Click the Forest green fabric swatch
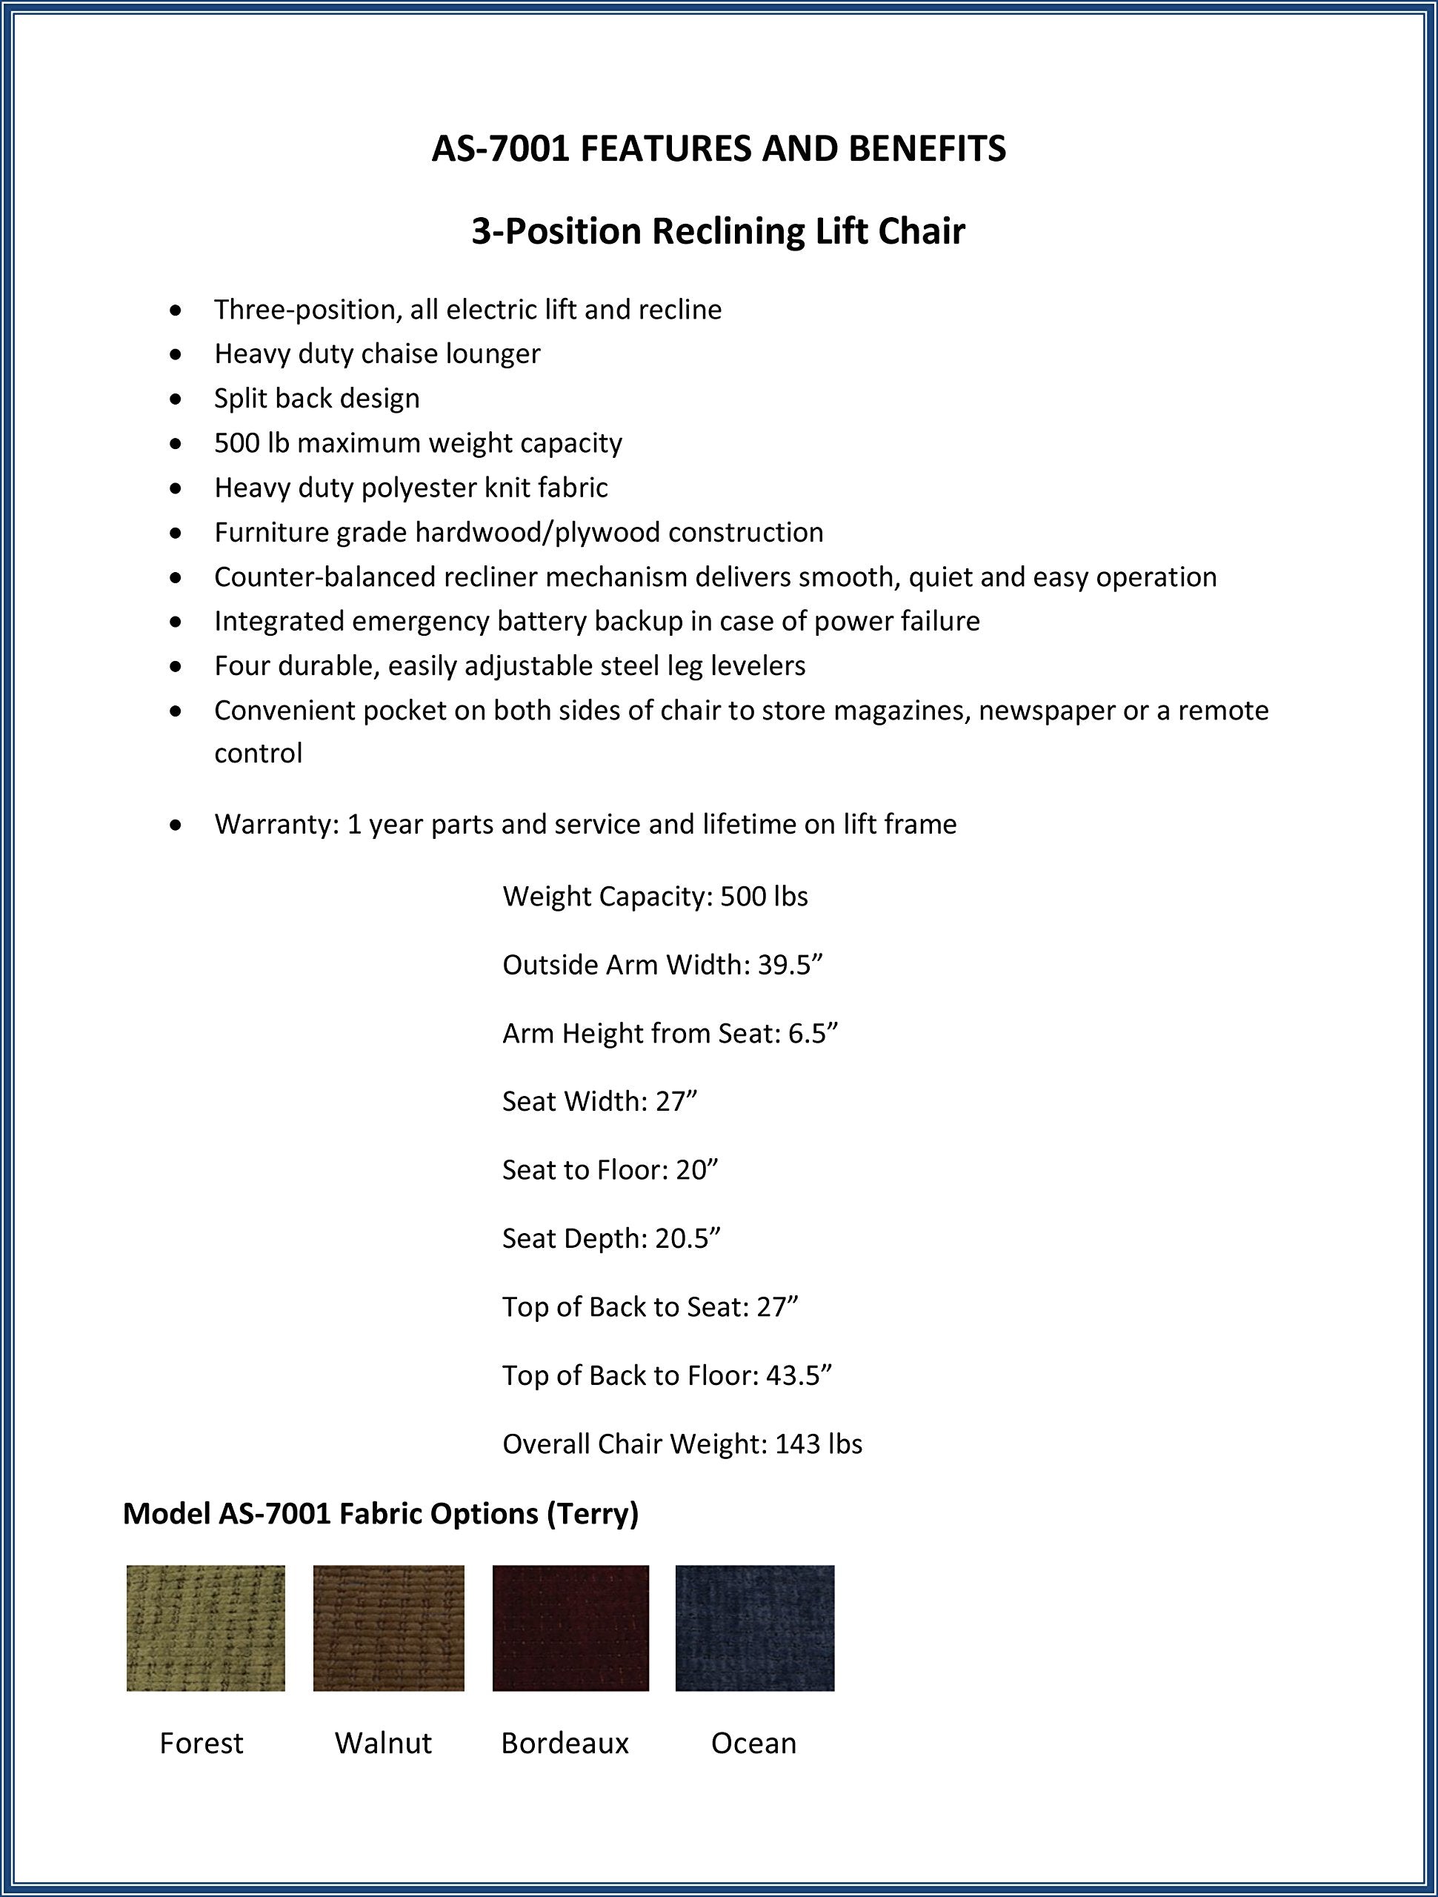206,1628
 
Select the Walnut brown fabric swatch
388,1628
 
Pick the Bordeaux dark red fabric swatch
570,1628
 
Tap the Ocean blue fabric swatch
755,1628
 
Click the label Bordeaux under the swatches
565,1744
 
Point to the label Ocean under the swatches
753,1744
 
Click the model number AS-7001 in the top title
500,149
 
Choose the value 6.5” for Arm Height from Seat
812,1034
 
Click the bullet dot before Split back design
176,399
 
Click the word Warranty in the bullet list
276,824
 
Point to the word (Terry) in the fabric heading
593,1514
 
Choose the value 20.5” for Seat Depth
688,1238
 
